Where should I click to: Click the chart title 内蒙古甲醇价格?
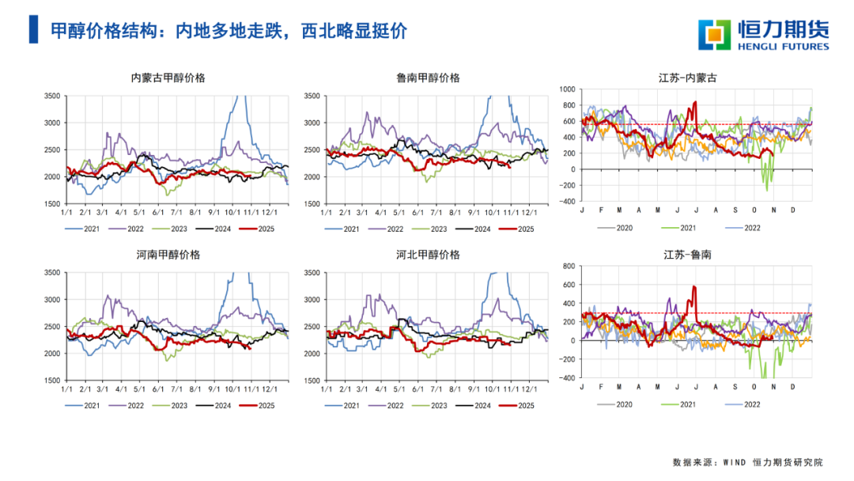(168, 78)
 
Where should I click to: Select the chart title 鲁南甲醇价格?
(428, 78)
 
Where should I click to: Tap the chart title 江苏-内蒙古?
(688, 78)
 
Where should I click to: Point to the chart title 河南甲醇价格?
(168, 255)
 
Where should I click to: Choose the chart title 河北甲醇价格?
(428, 255)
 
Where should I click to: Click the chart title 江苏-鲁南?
(688, 255)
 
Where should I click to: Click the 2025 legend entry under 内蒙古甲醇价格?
(265, 229)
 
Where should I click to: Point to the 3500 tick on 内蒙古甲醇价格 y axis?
(51, 96)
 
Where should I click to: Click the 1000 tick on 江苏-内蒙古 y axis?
(568, 89)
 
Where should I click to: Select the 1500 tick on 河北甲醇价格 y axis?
(311, 381)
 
